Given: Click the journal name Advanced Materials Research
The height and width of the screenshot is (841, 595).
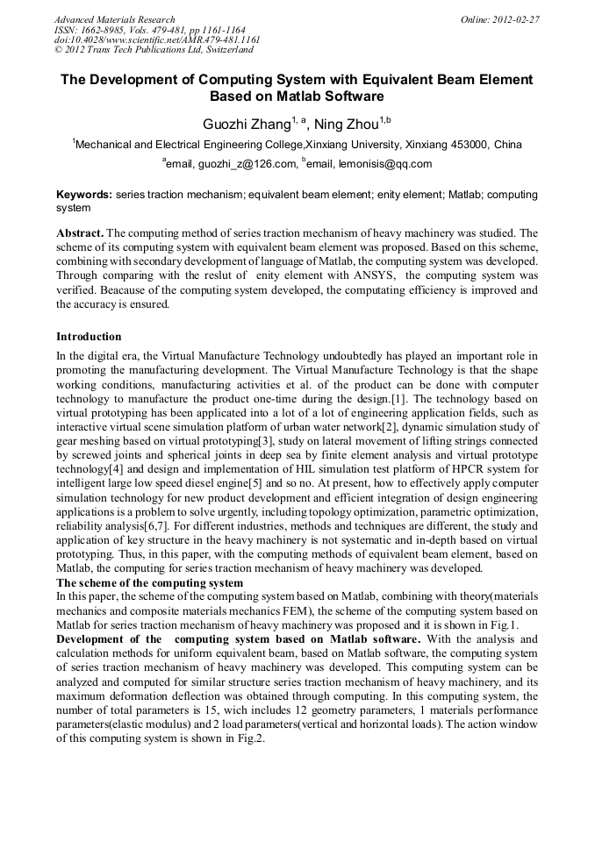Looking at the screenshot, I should click(114, 19).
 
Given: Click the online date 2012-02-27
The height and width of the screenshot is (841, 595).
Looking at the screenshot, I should click(517, 19).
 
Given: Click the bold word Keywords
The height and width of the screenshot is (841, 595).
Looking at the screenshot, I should click(83, 194).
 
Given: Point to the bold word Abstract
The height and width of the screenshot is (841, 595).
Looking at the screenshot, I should click(80, 234).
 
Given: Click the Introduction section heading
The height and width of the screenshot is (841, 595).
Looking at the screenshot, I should click(89, 336).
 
